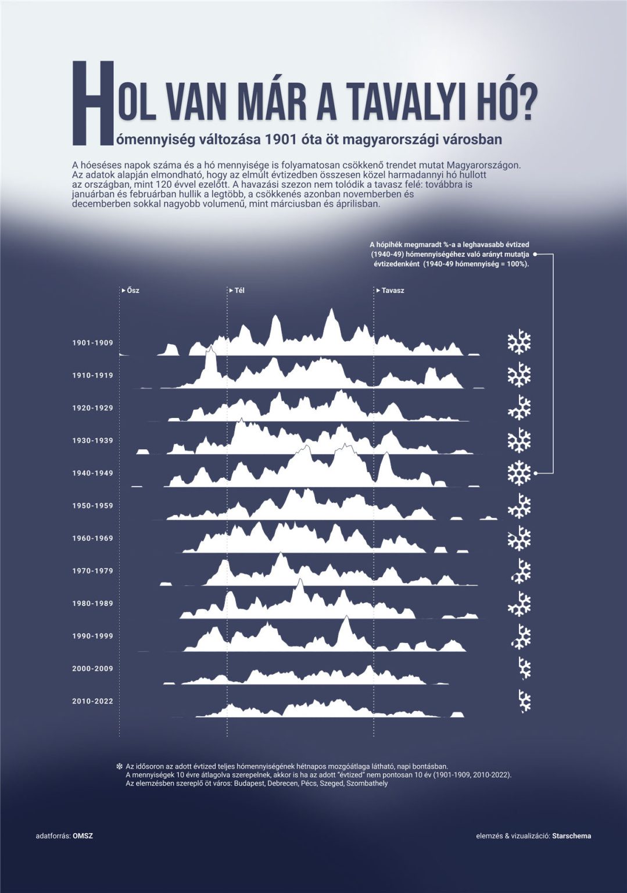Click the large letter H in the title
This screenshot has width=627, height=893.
pyautogui.click(x=90, y=103)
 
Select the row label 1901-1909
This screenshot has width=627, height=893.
pyautogui.click(x=92, y=343)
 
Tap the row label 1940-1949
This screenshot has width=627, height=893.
pyautogui.click(x=92, y=473)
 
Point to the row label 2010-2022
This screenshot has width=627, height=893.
pyautogui.click(x=92, y=701)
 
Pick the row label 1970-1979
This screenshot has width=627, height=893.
pyautogui.click(x=92, y=571)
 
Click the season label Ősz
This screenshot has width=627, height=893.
pyautogui.click(x=132, y=290)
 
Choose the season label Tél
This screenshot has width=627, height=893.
pyautogui.click(x=239, y=290)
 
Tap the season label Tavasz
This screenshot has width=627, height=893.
pyautogui.click(x=392, y=290)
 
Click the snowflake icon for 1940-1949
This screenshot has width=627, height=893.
pyautogui.click(x=519, y=473)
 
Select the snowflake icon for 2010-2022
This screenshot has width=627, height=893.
pyautogui.click(x=525, y=701)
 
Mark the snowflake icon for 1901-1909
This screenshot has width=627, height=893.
pyautogui.click(x=519, y=343)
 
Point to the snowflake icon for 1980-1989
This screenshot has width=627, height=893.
pyautogui.click(x=519, y=604)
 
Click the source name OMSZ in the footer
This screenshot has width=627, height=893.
pyautogui.click(x=83, y=836)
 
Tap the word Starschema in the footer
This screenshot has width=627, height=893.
pyautogui.click(x=572, y=836)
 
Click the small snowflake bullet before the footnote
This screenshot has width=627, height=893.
pyautogui.click(x=120, y=766)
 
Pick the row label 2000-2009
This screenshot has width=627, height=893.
pyautogui.click(x=92, y=669)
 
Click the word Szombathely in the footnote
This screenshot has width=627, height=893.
pyautogui.click(x=367, y=783)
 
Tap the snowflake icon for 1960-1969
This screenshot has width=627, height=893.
pyautogui.click(x=519, y=539)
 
